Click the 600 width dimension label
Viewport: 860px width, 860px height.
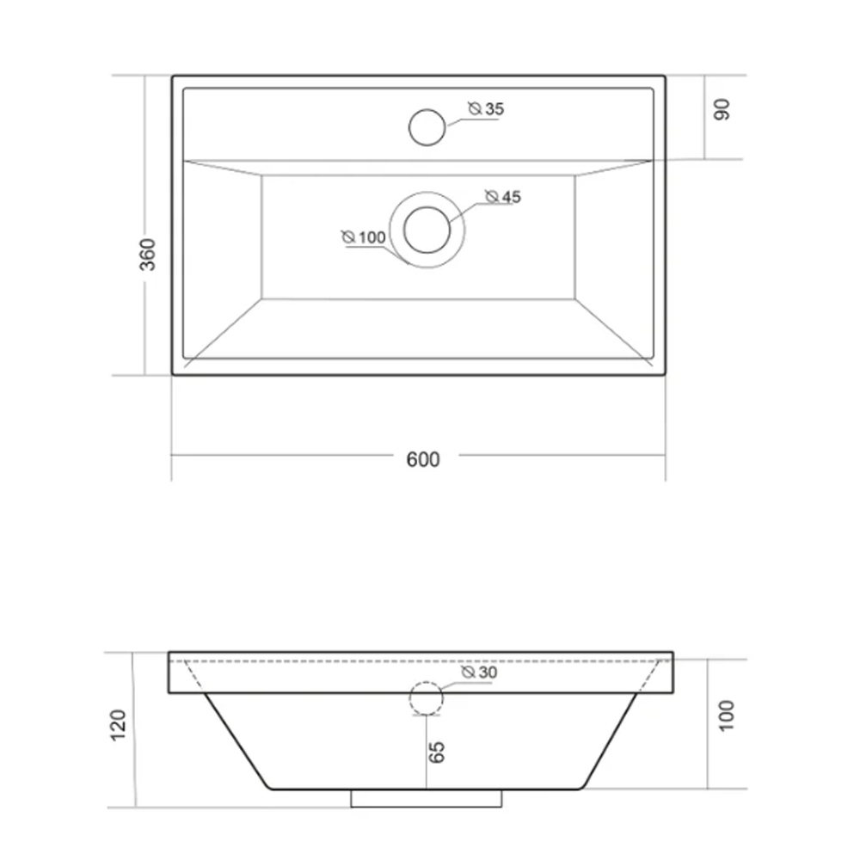coord(423,459)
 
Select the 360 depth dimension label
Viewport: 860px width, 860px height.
coord(148,255)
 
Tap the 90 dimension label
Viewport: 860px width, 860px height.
coord(722,109)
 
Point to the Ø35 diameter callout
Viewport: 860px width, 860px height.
coord(486,108)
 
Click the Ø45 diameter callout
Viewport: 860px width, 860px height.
coord(503,196)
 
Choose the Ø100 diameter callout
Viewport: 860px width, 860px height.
coord(364,237)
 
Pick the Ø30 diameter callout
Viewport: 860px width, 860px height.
coord(479,672)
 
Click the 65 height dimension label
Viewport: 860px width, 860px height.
coord(437,752)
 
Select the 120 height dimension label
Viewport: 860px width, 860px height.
coord(119,725)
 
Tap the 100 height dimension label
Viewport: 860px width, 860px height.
coord(726,716)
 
